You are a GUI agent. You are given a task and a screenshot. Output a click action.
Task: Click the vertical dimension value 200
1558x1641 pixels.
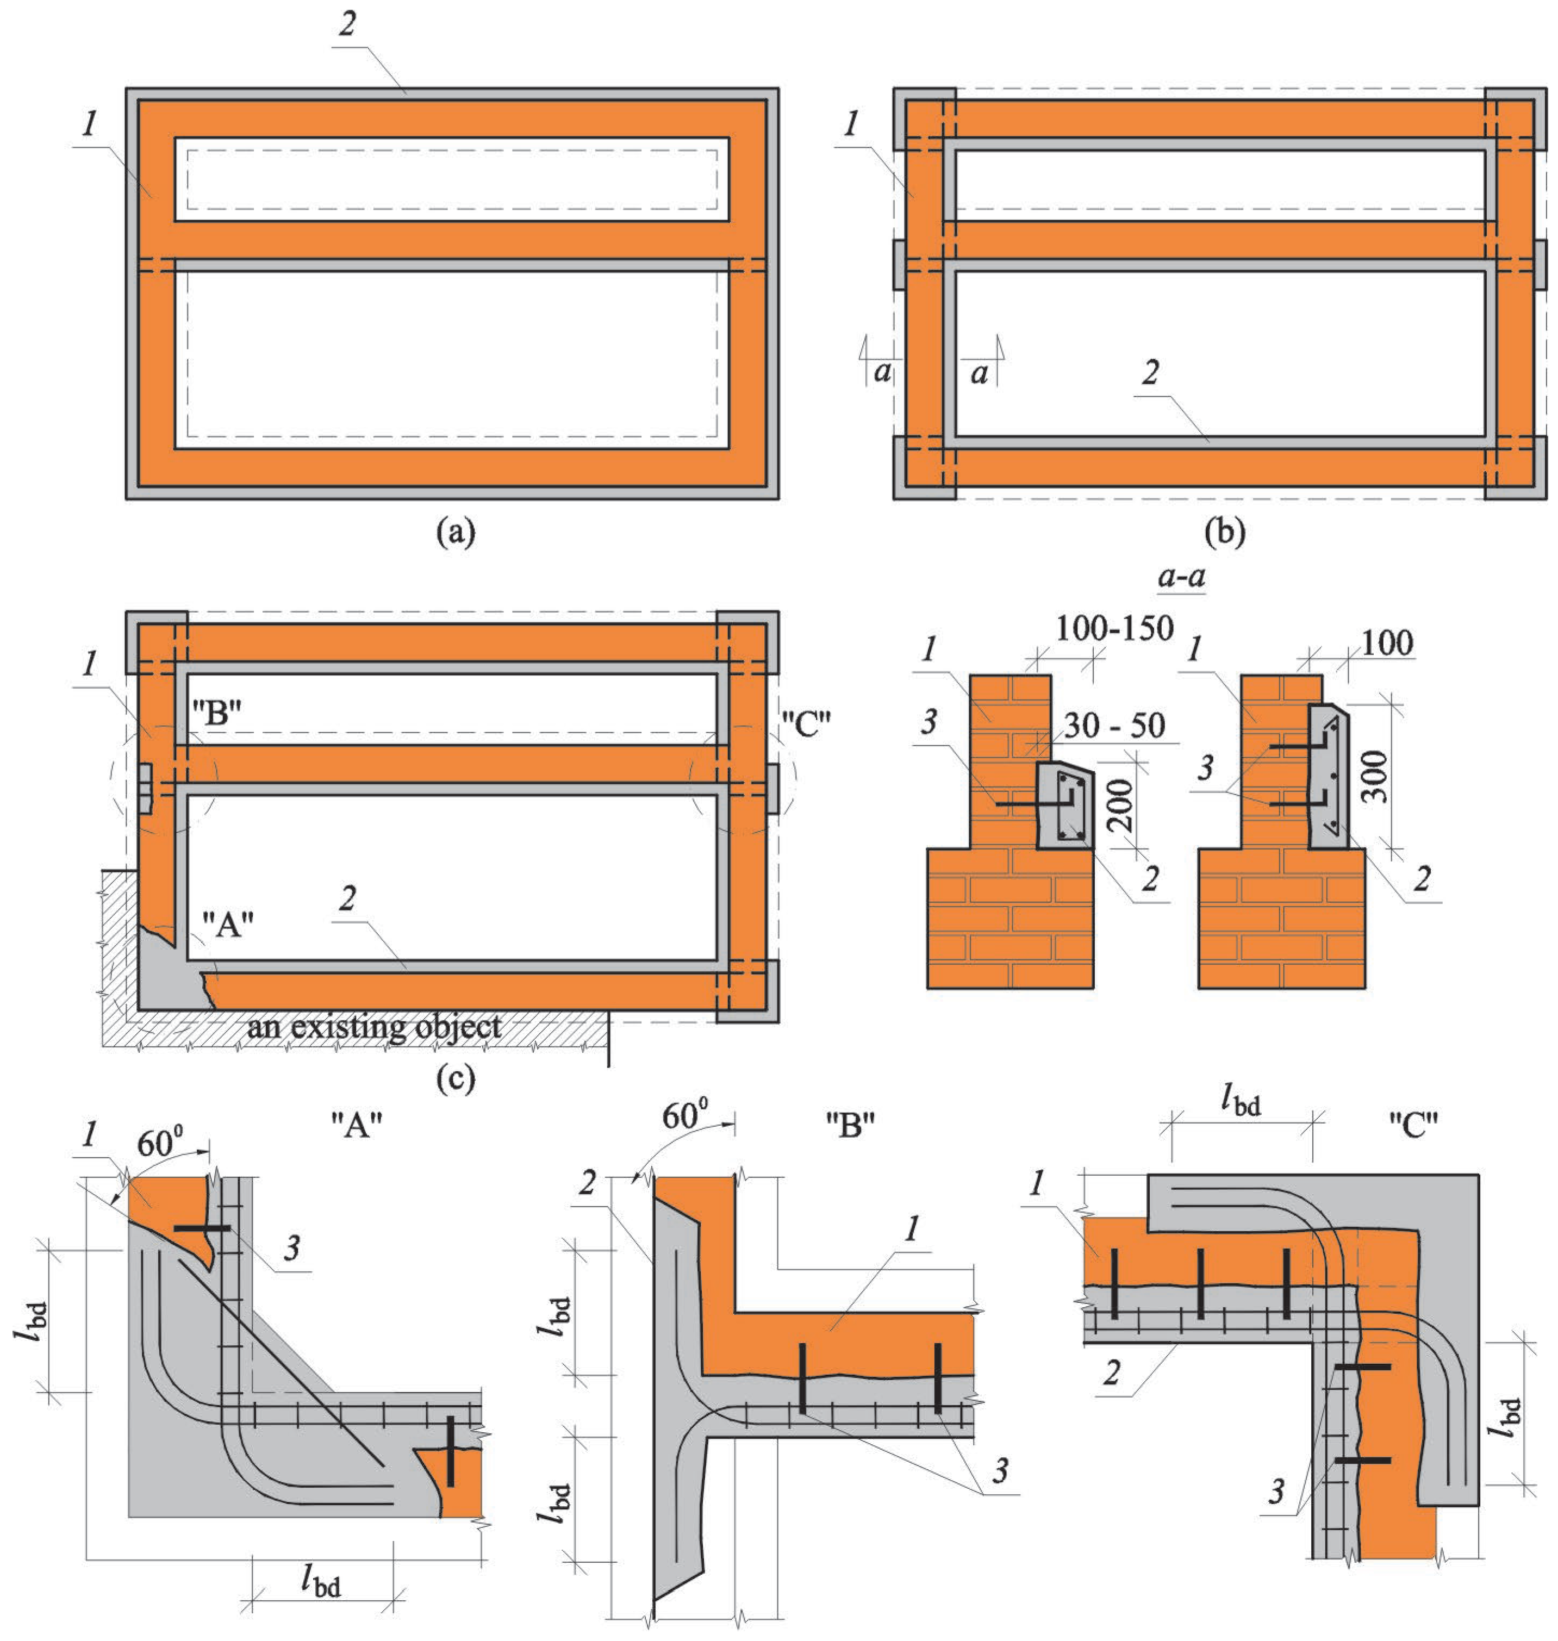coord(1120,804)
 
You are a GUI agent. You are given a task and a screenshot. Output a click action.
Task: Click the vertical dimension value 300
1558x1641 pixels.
coord(1375,777)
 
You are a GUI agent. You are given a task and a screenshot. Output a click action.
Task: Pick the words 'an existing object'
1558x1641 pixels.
coord(373,1027)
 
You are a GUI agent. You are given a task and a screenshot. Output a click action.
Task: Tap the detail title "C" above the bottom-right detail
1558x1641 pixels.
coord(1413,1125)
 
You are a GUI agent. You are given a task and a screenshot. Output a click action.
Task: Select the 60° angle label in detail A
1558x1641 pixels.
coord(159,1144)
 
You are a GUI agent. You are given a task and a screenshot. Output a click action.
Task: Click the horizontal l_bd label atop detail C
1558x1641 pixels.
coord(1241,1103)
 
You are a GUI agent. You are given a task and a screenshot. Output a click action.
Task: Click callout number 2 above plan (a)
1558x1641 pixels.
coord(347,24)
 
